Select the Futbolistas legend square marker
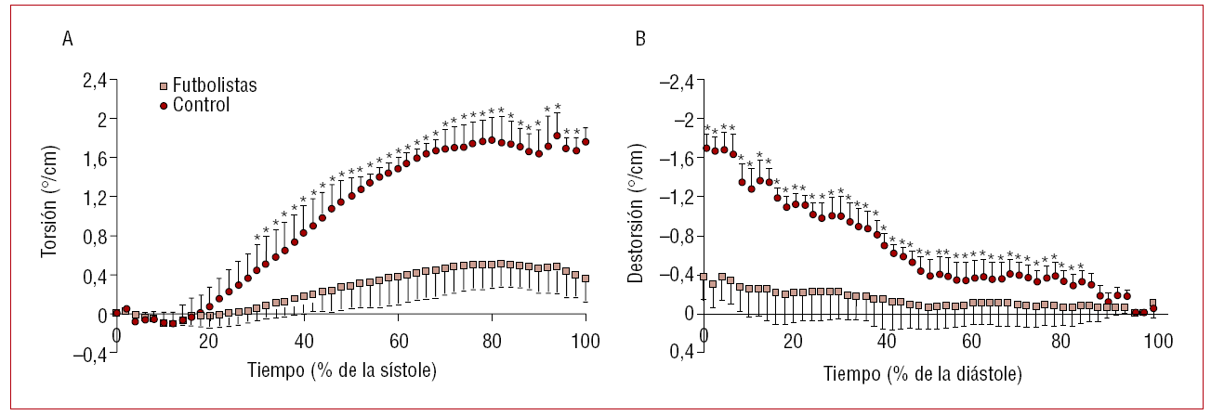163,86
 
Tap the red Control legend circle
163,106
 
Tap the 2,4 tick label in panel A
94,81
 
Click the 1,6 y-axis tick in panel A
94,159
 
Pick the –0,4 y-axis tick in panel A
89,354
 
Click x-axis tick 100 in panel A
586,335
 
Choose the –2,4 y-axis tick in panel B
676,81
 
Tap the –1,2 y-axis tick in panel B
676,197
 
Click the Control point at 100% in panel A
586,142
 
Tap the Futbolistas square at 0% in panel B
704,277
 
